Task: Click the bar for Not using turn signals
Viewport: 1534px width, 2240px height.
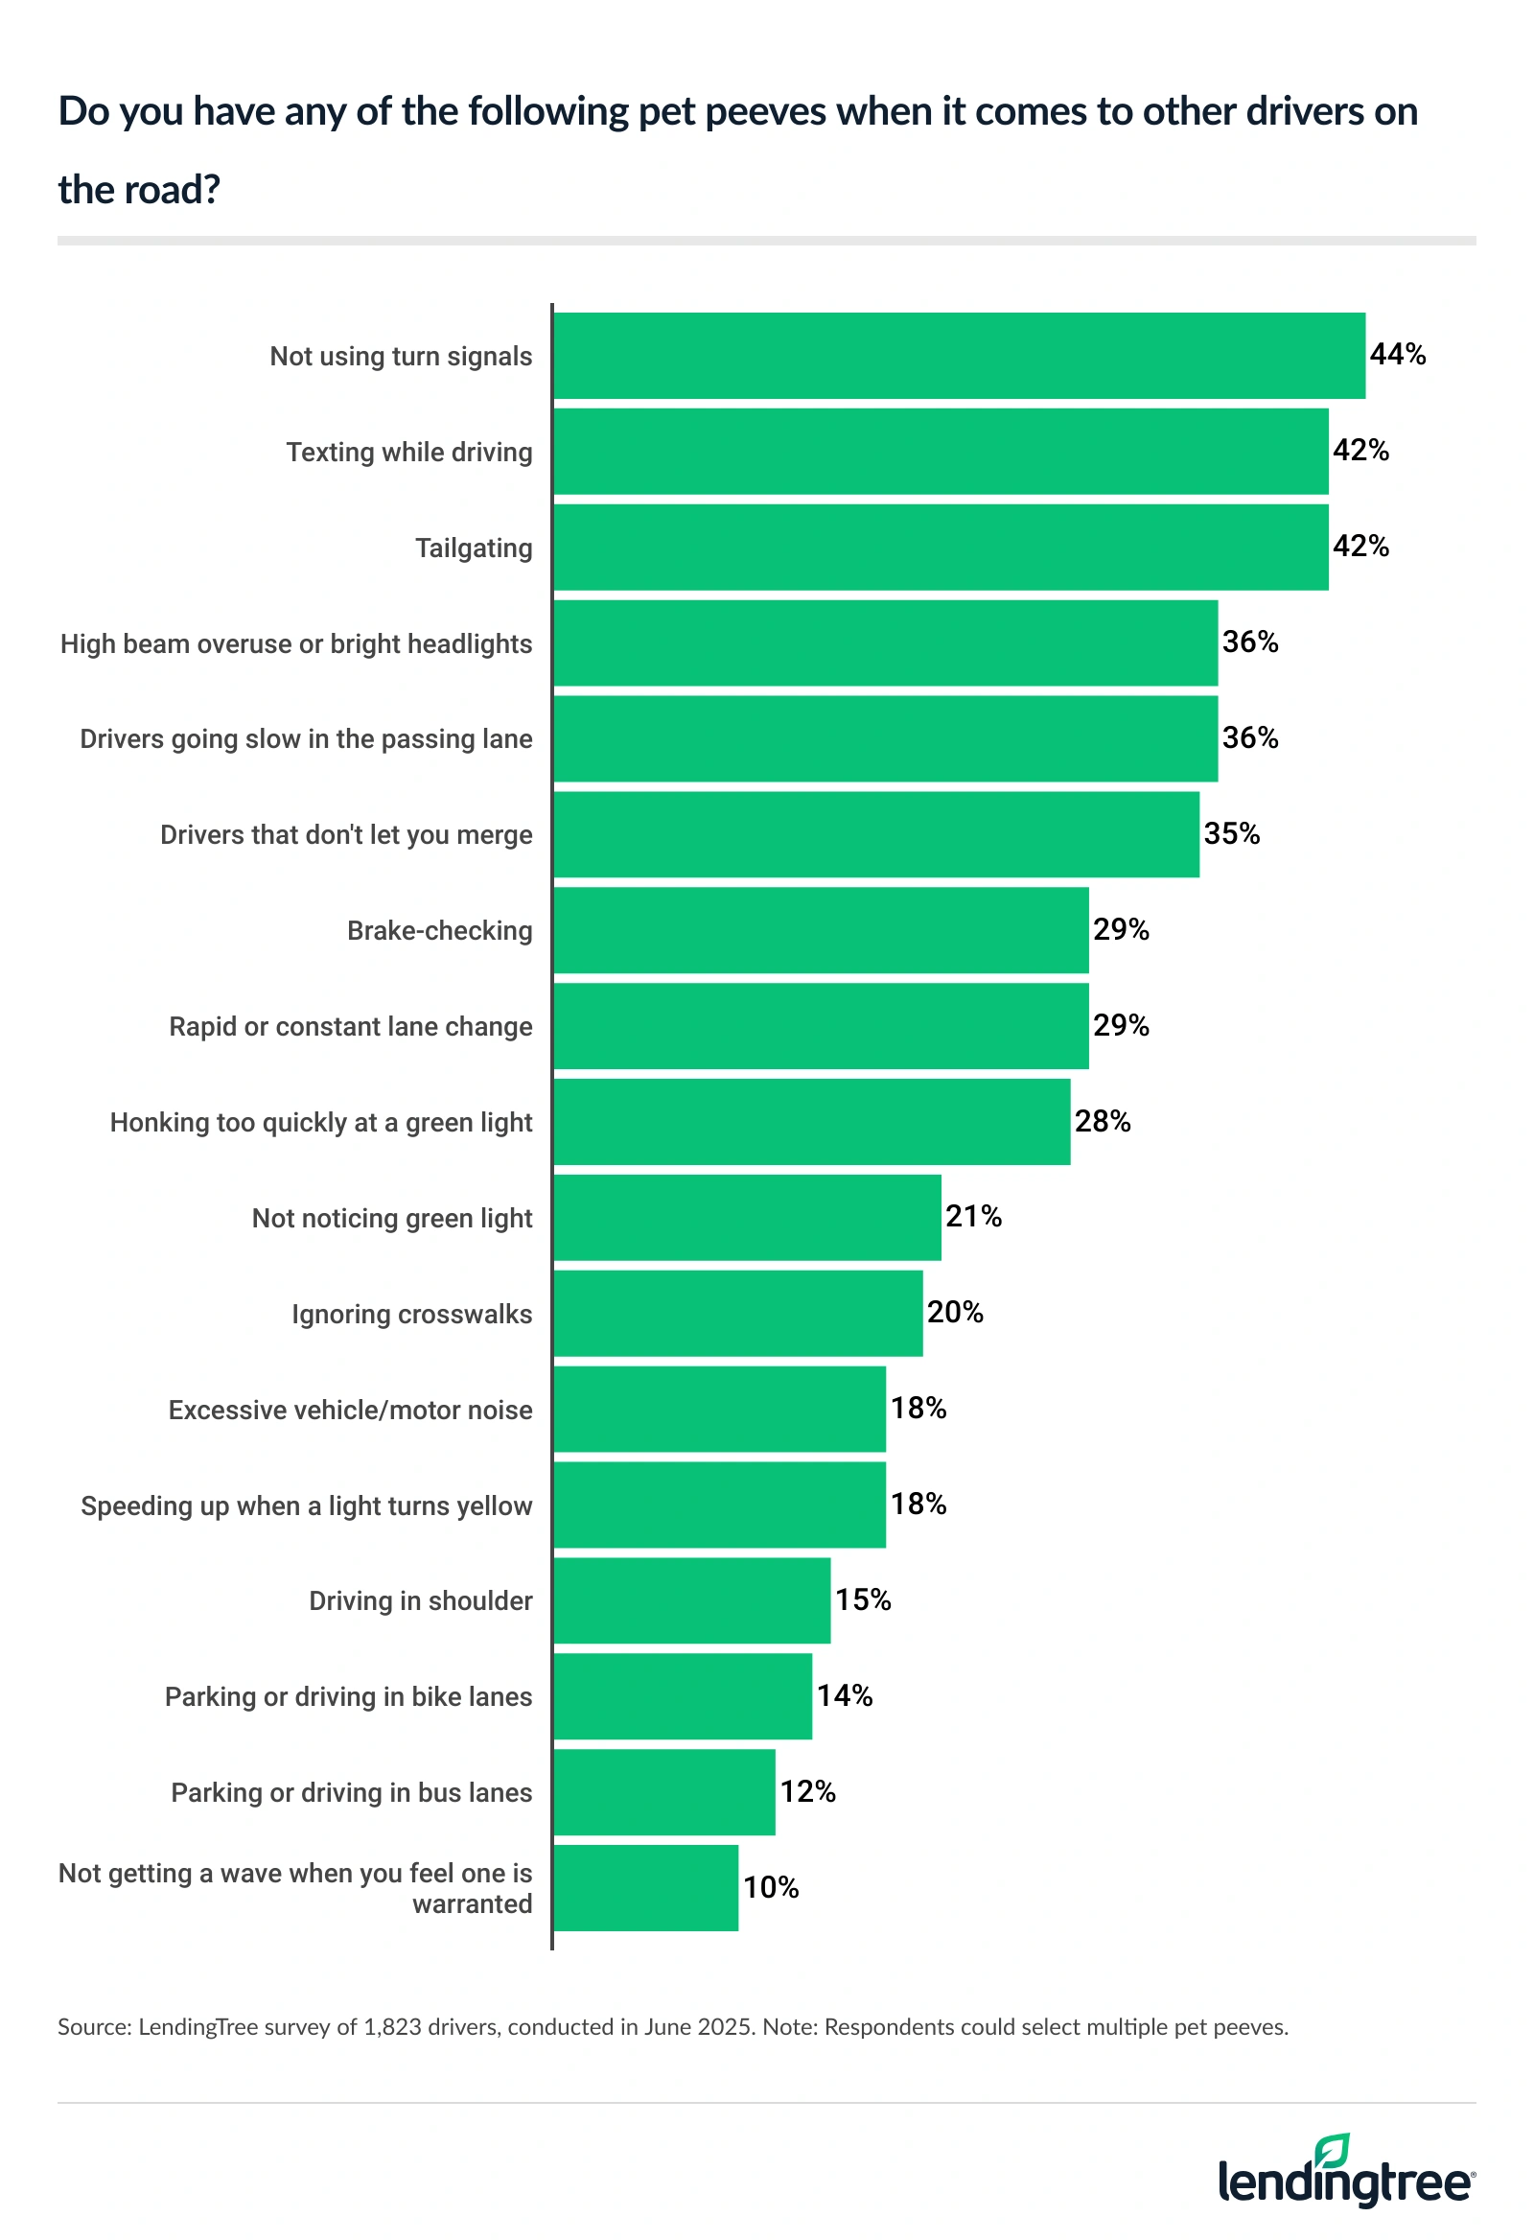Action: tap(959, 356)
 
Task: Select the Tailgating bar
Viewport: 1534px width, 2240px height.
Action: tap(941, 548)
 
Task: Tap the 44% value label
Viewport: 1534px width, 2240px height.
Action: tap(1397, 355)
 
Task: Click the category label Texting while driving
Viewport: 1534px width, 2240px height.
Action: tap(408, 452)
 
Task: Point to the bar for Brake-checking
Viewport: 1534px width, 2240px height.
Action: tap(821, 930)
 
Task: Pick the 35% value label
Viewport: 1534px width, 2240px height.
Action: tap(1231, 833)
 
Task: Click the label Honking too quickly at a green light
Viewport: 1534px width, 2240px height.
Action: tap(321, 1123)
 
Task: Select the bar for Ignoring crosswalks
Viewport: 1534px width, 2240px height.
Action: tap(738, 1314)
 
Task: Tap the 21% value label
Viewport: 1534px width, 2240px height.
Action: tap(973, 1218)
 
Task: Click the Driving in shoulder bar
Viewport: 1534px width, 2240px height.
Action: tap(692, 1601)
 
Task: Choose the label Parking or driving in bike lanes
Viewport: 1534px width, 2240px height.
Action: tap(348, 1697)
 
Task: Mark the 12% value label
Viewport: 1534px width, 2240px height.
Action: tap(807, 1792)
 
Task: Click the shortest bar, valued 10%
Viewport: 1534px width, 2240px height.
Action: tap(645, 1888)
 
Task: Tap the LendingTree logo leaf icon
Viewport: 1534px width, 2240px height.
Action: tap(1333, 2152)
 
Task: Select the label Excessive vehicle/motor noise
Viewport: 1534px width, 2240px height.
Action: tap(350, 1411)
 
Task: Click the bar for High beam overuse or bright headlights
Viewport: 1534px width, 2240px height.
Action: tap(886, 642)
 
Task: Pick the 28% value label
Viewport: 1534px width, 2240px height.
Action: tap(1103, 1122)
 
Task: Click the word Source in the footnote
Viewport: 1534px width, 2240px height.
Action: tap(93, 2027)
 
